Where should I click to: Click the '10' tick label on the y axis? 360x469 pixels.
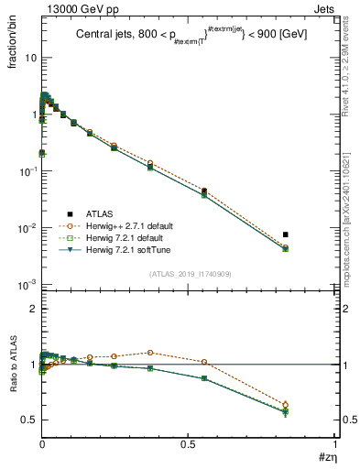29,58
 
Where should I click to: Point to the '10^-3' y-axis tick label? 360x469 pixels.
27,285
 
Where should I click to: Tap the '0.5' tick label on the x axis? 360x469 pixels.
188,444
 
